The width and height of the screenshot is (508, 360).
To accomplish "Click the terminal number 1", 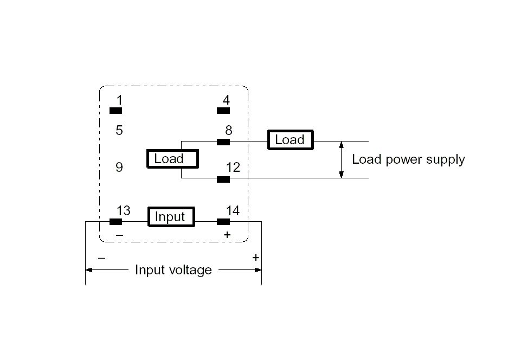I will pos(119,100).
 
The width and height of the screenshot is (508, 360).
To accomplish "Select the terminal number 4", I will pos(226,100).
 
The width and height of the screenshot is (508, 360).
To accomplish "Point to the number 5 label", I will pos(119,130).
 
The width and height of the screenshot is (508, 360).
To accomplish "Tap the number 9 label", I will pos(119,167).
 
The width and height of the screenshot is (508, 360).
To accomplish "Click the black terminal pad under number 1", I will pos(116,111).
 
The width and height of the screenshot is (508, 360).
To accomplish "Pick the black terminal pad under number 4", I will pos(223,111).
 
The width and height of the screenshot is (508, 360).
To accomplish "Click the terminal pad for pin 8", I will pos(223,142).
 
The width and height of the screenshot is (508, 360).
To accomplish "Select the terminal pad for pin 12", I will pos(223,179).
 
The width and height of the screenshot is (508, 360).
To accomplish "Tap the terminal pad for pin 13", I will pos(115,221).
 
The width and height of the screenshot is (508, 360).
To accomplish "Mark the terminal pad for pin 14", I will pos(223,221).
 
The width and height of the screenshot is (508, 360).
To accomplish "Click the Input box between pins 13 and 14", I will pos(170,217).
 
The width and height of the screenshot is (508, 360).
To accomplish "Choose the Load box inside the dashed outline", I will pos(172,159).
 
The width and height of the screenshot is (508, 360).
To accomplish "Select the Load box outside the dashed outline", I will pos(290,140).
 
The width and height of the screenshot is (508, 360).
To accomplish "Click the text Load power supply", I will pos(408,159).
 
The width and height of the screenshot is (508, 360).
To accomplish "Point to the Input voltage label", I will pos(173,269).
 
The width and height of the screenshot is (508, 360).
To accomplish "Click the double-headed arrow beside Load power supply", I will pos(341,159).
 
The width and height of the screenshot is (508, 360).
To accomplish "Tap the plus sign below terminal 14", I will pos(227,235).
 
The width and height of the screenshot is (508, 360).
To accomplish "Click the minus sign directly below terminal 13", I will pos(119,235).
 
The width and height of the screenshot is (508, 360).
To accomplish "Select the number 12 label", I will pos(233,168).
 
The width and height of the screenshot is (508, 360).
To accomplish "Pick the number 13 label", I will pos(124,210).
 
